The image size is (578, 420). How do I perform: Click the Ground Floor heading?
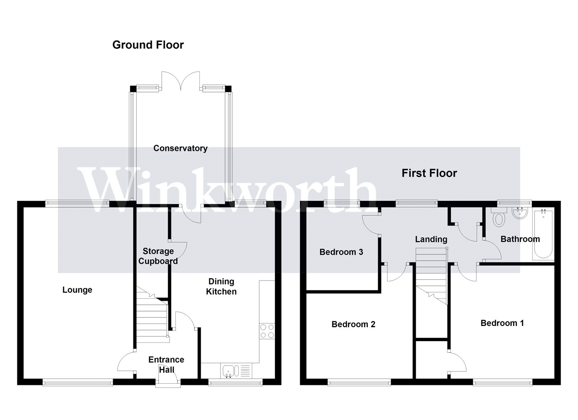coord(148,45)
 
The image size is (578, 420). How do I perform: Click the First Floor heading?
coord(429,173)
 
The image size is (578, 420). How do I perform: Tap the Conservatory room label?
coord(180,148)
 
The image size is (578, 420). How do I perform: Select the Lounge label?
coord(77,290)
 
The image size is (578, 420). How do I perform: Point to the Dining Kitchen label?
coord(221,286)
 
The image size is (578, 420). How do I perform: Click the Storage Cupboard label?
coord(158,256)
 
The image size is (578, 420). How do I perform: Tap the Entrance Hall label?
coord(166,365)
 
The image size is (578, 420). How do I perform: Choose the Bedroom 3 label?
coord(341,252)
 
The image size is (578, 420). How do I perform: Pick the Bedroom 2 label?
coord(353,324)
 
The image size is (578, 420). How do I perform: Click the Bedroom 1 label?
coord(502,323)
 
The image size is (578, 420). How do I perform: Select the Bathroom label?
coord(520,239)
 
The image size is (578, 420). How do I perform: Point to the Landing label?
coord(431,240)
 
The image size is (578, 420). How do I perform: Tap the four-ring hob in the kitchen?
coord(267,331)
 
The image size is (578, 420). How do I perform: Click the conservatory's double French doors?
coord(181,81)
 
